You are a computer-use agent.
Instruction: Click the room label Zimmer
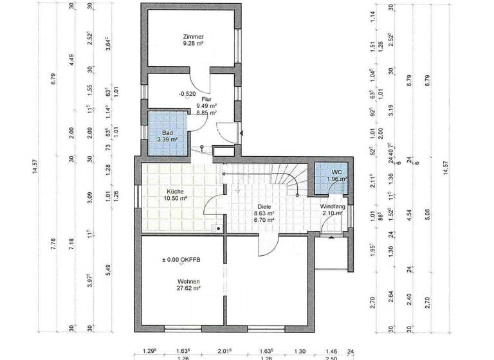[192, 37]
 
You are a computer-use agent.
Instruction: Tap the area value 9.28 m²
[192, 44]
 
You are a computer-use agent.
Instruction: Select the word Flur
[206, 99]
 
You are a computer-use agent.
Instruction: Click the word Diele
[264, 206]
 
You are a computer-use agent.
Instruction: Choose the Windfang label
[333, 206]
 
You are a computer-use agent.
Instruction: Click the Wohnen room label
[189, 282]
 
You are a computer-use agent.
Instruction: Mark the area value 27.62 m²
[189, 289]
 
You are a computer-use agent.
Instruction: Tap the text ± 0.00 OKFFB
[182, 260]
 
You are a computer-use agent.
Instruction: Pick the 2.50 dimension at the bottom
[332, 357]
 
